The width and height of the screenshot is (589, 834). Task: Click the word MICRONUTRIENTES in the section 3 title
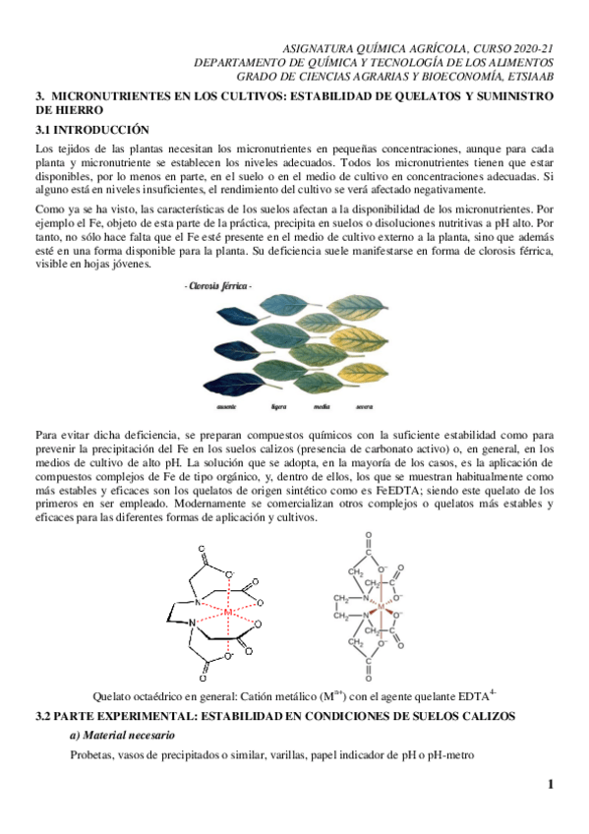coord(107,96)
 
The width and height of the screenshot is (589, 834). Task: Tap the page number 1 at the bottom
coord(551,784)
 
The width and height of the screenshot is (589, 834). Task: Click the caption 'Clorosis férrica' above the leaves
coord(218,285)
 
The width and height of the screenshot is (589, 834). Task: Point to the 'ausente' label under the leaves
coord(226,404)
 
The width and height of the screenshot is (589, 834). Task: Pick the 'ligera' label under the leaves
coord(278,404)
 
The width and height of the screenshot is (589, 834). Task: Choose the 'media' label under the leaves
coord(322,404)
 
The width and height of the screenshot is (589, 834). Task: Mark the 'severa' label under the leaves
coord(363,404)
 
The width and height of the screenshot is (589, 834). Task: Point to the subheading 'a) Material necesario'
coord(122,735)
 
